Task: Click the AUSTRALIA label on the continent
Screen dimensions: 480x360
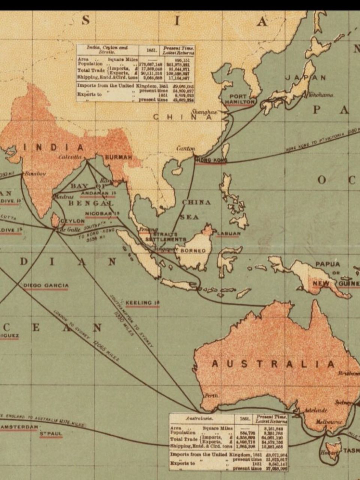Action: pos(273,364)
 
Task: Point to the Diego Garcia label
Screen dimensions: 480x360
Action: pos(46,286)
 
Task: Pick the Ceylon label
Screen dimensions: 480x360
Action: pos(73,221)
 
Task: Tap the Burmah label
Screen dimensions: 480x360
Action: pos(118,157)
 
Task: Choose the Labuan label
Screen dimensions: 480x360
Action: pos(228,234)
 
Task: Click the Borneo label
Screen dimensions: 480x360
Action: pos(193,250)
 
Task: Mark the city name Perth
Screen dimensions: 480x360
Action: pos(211,396)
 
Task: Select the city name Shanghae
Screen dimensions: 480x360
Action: pos(204,112)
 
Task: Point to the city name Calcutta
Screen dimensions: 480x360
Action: pos(70,157)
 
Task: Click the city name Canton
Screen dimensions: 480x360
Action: pos(186,148)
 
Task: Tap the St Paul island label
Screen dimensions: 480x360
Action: pos(51,434)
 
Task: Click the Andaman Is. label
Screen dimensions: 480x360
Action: pos(98,193)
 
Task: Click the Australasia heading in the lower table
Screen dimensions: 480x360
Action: pos(200,418)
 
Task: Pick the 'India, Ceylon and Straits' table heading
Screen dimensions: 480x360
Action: pos(107,50)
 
